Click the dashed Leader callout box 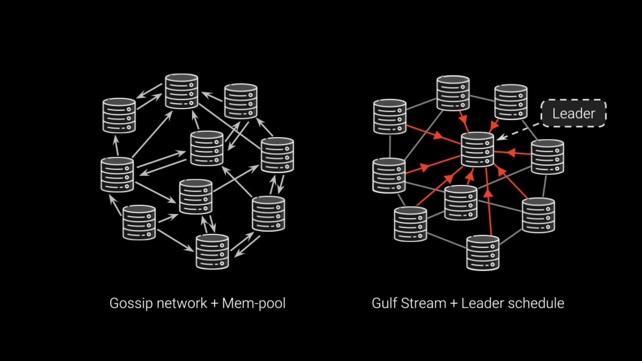point(573,113)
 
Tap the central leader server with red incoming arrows point(477,149)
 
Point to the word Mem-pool point(254,304)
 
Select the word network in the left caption point(182,303)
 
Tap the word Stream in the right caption point(424,303)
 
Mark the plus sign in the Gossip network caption point(215,304)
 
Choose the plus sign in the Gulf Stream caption point(454,304)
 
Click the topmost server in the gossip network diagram point(182,91)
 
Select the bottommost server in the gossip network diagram point(212,252)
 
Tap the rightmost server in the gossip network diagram point(277,155)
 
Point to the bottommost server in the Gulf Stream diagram point(483,253)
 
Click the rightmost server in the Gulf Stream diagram point(547,157)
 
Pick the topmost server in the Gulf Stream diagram point(453,93)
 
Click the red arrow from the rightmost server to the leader point(513,153)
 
